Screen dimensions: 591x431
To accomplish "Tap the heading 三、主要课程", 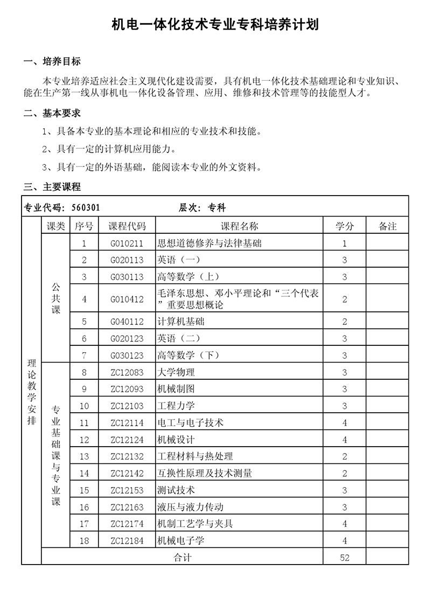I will pos(52,187).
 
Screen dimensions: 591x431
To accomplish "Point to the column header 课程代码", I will pos(127,226).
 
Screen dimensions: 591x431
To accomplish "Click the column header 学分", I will pos(344,226).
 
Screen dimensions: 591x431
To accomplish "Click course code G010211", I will pos(127,243).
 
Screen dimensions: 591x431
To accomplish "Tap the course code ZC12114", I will pos(127,422).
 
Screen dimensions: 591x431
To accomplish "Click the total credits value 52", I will pos(344,558).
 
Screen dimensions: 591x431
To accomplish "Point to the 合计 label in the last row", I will pos(182,558).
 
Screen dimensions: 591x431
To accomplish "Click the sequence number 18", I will pos(84,540).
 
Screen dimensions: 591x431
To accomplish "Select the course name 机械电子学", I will pos(180,540).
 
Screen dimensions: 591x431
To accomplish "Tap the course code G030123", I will pos(127,355).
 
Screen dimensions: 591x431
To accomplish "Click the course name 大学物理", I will pos(176,372).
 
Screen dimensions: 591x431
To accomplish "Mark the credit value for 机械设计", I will pos(344,440).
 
